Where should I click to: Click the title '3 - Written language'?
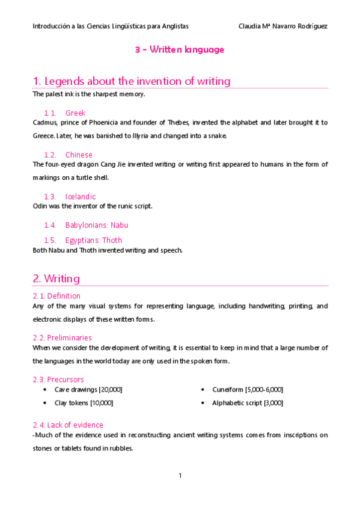[180, 50]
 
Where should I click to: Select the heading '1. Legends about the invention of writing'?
[132, 81]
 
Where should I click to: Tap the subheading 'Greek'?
[75, 113]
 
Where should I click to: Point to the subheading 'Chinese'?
[79, 155]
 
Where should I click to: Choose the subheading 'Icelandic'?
[81, 197]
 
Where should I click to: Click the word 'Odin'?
[40, 206]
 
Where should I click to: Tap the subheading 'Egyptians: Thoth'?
[95, 241]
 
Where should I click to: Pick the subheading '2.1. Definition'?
[56, 296]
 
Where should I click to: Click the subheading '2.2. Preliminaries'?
[62, 338]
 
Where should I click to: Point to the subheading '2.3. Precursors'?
[58, 379]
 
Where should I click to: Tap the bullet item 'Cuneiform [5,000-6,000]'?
[248, 390]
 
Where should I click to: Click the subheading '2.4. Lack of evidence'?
[68, 425]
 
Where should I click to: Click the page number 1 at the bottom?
[180, 476]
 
